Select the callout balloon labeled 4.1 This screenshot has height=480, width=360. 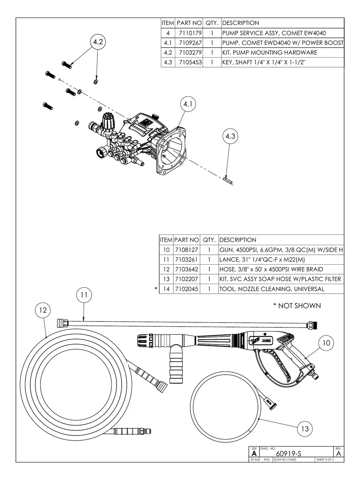pyautogui.click(x=188, y=104)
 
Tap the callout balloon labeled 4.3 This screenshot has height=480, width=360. pyautogui.click(x=230, y=136)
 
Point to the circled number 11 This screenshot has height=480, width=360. pyautogui.click(x=84, y=295)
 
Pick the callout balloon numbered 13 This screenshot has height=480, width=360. pyautogui.click(x=305, y=429)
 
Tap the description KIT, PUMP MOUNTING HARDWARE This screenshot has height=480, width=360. pyautogui.click(x=269, y=52)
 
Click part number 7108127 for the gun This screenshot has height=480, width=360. pyautogui.click(x=186, y=250)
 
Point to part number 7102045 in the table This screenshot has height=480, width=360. pyautogui.click(x=186, y=289)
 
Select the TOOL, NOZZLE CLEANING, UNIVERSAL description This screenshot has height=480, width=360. pyautogui.click(x=272, y=289)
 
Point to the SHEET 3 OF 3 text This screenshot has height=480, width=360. pyautogui.click(x=325, y=460)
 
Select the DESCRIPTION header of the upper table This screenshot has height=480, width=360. pyautogui.click(x=240, y=23)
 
